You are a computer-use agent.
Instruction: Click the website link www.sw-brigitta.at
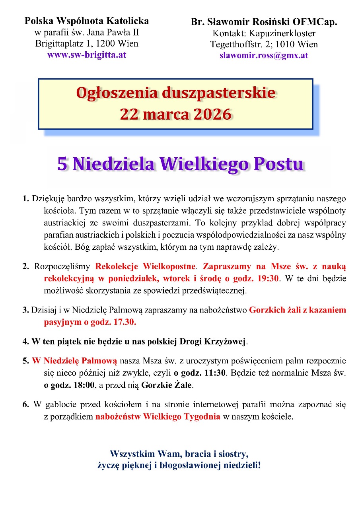click(87, 54)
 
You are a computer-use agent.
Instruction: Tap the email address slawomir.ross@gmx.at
click(264, 55)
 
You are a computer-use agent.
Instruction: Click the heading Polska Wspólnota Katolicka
click(87, 20)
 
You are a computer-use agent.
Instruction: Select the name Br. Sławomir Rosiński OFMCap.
click(264, 22)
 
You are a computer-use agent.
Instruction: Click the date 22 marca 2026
click(175, 114)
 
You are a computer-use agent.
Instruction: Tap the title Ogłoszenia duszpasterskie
click(175, 93)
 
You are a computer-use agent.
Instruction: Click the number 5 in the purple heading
click(62, 164)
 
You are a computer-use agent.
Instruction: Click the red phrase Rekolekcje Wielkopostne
click(146, 266)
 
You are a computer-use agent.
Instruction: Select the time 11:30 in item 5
click(214, 373)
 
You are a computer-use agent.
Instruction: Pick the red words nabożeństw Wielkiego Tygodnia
click(158, 417)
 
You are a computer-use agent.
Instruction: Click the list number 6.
click(25, 405)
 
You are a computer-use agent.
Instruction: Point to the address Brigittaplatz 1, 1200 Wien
click(87, 43)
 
